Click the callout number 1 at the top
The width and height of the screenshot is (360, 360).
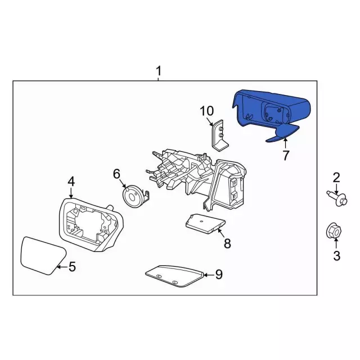159,71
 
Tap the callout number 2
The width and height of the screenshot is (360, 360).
336,178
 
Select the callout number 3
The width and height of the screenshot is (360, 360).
336,256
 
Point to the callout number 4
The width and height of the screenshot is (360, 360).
71,182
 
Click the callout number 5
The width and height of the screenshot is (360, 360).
72,267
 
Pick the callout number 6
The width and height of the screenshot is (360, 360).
116,174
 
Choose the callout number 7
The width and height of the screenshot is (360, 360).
286,155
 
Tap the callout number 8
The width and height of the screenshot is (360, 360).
227,244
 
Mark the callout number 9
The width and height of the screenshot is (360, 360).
219,274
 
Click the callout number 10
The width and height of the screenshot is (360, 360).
207,111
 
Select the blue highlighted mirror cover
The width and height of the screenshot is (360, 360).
271,112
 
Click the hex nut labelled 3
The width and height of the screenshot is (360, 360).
334,231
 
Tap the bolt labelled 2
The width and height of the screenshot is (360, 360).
336,199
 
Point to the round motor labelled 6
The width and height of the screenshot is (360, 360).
132,196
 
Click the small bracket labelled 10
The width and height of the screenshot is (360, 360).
219,136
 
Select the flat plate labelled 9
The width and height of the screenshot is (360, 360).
174,276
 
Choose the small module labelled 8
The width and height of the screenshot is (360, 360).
205,224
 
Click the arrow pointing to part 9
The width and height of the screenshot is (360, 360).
209,274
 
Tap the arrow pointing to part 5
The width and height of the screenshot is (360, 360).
62,267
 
